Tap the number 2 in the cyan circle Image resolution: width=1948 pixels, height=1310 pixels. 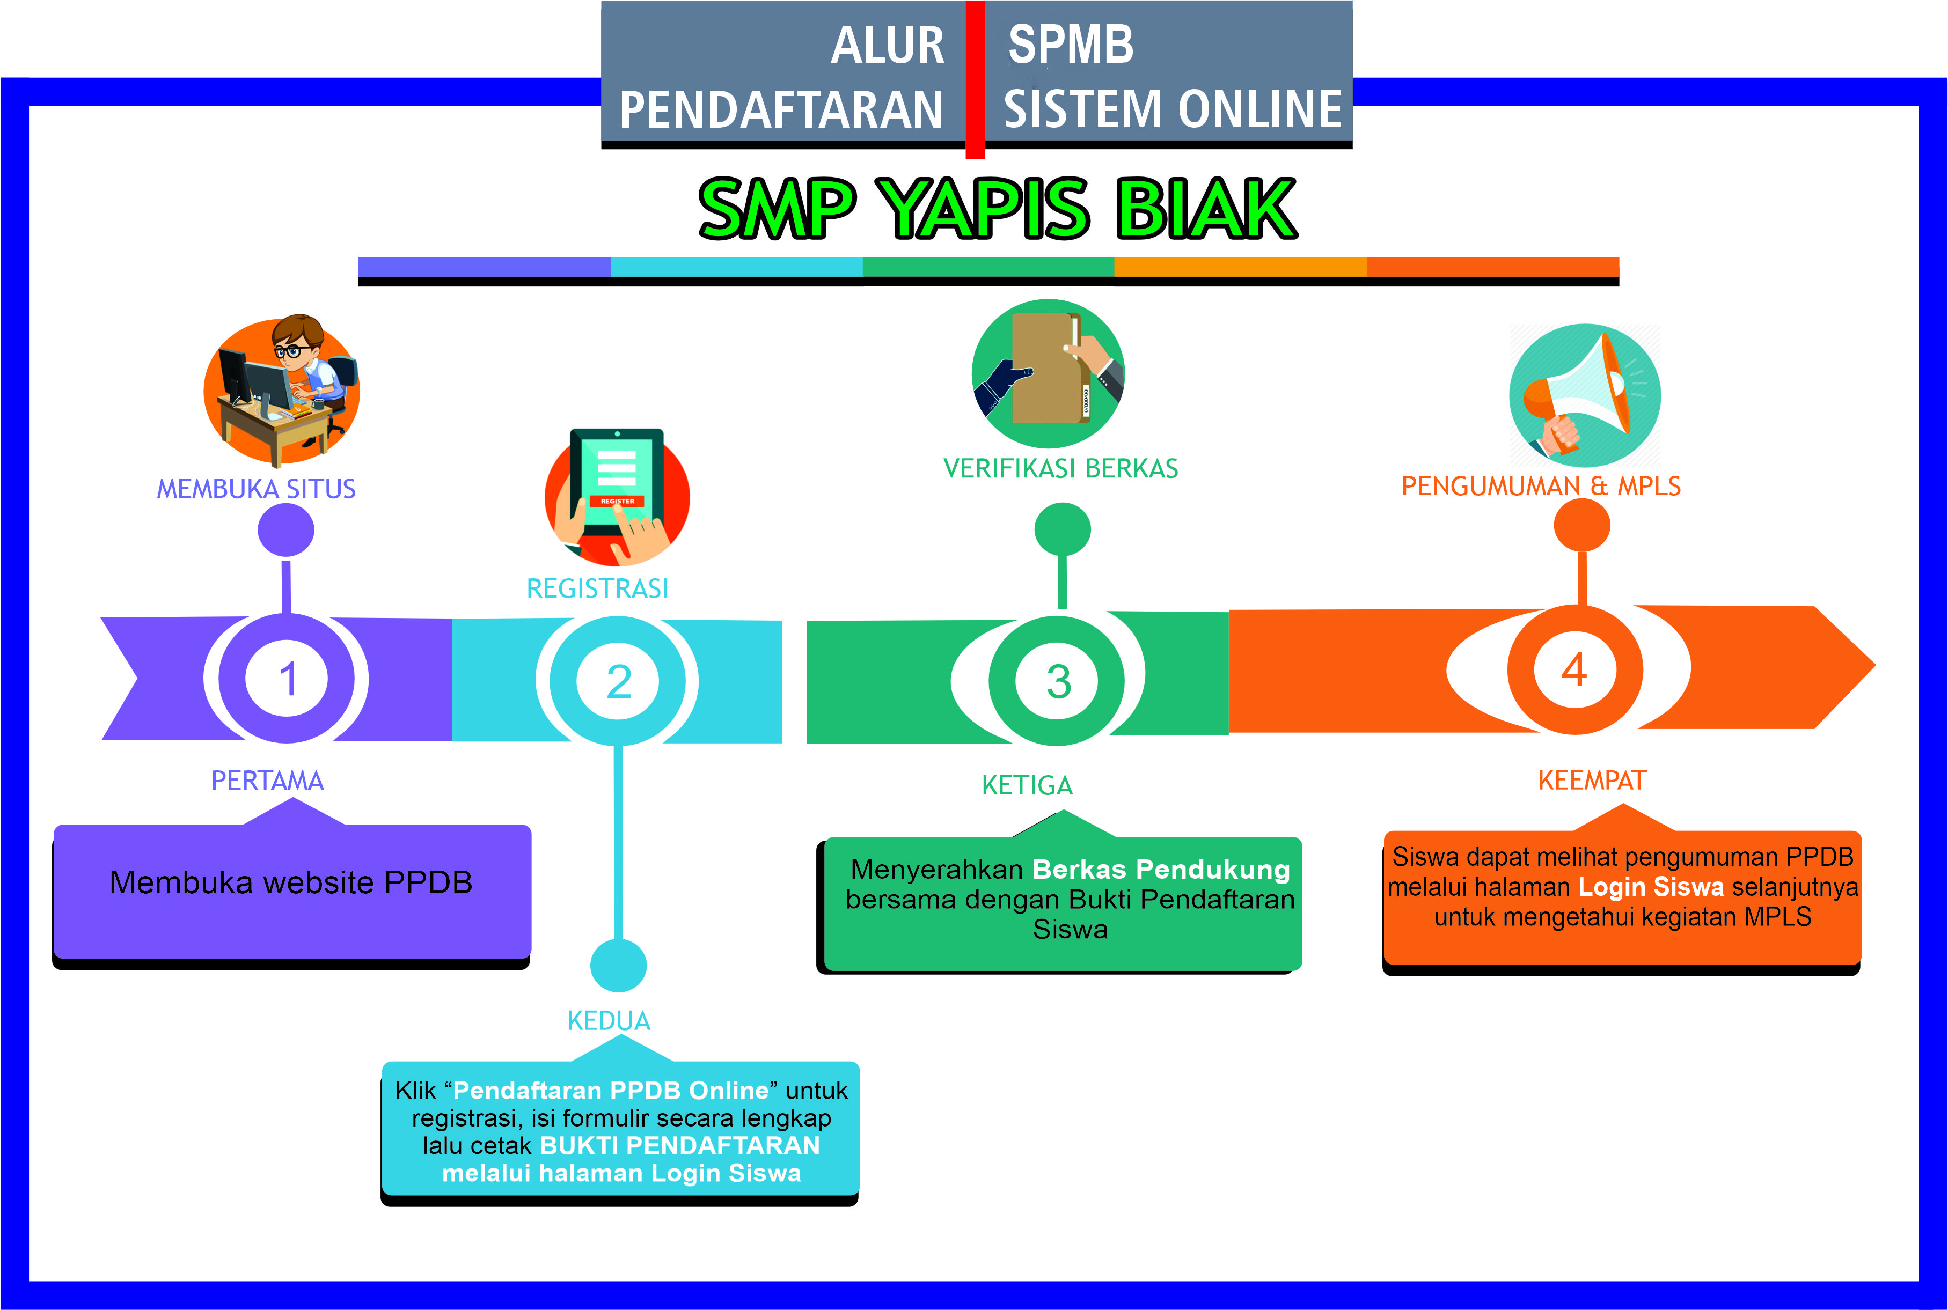tap(618, 682)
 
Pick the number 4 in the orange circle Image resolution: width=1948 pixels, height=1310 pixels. tap(1574, 670)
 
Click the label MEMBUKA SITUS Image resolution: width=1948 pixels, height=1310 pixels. tap(256, 489)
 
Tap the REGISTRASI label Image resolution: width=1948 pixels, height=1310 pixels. tap(597, 589)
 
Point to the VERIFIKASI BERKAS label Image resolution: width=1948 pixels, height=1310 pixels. tap(1060, 469)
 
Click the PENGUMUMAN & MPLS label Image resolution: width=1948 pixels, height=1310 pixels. tap(1540, 486)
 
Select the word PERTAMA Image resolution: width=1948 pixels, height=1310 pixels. tap(267, 781)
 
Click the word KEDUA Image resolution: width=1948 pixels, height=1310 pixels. tap(609, 1021)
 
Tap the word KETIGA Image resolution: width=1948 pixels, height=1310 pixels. tap(1027, 785)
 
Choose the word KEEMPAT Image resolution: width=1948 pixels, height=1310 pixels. tap(1592, 781)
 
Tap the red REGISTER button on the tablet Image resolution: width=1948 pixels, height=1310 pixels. tap(617, 501)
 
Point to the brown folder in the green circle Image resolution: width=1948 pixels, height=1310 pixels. tap(1045, 367)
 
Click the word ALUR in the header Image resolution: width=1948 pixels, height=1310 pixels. tap(888, 46)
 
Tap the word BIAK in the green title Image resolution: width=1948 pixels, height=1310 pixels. tap(1205, 208)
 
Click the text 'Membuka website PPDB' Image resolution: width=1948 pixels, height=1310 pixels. tap(291, 883)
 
